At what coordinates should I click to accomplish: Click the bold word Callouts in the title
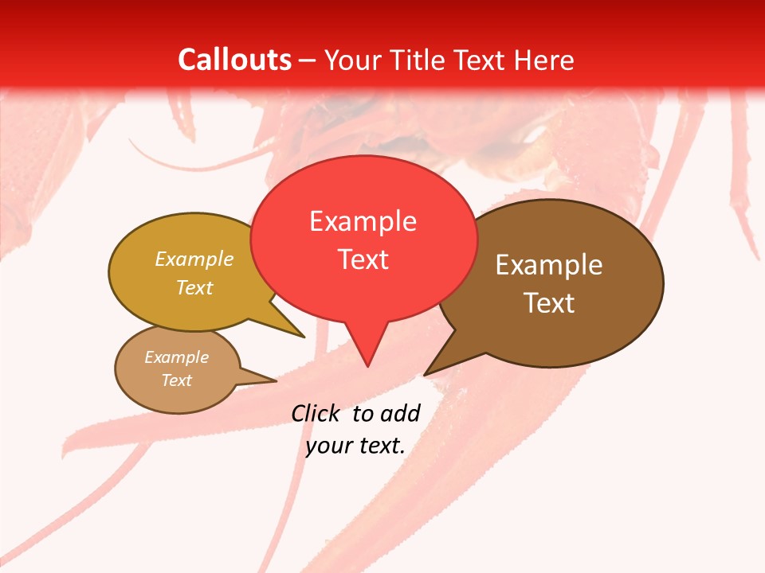(234, 60)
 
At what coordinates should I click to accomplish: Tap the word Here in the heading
(544, 60)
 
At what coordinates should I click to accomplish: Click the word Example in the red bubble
(363, 221)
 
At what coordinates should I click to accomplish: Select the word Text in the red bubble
(363, 259)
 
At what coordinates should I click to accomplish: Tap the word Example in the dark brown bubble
(549, 265)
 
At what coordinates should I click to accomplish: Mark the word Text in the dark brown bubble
(549, 303)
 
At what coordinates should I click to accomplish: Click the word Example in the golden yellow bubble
(194, 259)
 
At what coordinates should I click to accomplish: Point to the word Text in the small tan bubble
(176, 380)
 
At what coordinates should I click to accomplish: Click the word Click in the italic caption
(315, 413)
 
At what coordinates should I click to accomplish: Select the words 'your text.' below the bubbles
(355, 446)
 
